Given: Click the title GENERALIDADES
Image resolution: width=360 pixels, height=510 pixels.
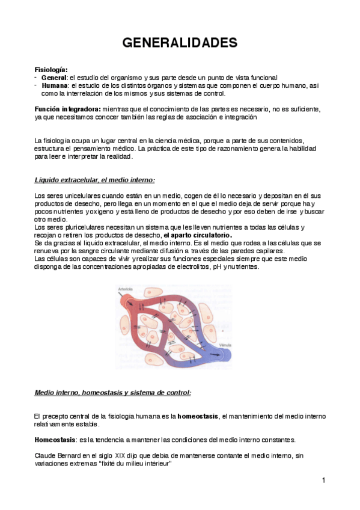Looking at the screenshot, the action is [180, 43].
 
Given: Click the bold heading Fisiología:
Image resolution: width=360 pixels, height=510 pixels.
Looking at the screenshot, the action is [50, 70].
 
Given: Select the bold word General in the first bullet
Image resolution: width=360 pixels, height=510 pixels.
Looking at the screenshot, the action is [54, 78].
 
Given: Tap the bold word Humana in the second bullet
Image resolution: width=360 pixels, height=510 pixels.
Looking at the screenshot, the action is [55, 86].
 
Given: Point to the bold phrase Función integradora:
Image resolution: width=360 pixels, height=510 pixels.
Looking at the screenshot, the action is [67, 109].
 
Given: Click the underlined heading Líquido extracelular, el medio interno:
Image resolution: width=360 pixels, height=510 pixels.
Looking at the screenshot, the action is [94, 180].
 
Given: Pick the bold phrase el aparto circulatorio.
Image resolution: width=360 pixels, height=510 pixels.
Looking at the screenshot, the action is [200, 235].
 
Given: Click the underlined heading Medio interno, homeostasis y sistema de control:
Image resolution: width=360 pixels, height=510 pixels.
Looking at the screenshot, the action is [112, 393].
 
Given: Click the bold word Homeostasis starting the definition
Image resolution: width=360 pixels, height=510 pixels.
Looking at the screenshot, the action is [53, 439].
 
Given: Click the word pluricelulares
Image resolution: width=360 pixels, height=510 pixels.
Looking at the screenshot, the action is [77, 227].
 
